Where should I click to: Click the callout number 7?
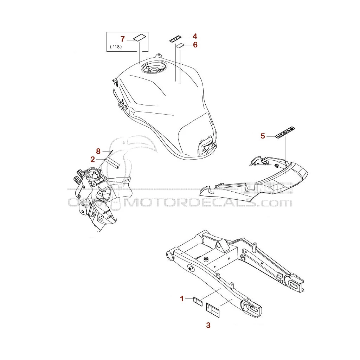pos(123,39)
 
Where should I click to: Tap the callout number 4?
pos(195,37)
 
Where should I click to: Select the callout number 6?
pos(195,45)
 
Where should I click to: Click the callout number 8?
pos(98,151)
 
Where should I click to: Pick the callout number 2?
pos(92,159)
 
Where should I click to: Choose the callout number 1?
pos(182,299)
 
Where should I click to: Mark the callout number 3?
pos(208,326)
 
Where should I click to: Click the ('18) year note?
pos(116,47)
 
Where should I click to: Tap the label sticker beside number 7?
pos(139,38)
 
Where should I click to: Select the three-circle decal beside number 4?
pos(176,39)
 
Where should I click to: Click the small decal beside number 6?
pos(180,45)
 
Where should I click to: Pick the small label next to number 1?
pos(198,301)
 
